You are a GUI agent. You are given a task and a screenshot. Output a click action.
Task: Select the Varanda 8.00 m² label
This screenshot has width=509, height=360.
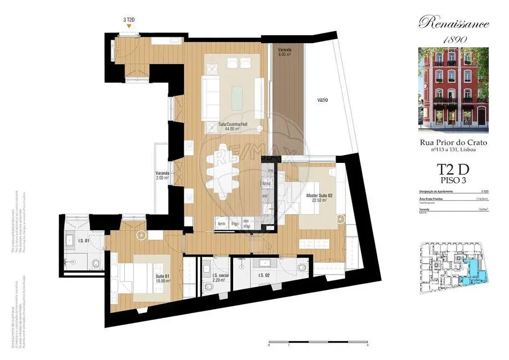[x=284, y=52]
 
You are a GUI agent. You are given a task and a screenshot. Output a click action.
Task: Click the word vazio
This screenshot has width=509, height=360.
[x=320, y=100]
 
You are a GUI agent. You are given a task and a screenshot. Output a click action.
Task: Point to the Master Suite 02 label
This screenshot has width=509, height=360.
[x=319, y=198]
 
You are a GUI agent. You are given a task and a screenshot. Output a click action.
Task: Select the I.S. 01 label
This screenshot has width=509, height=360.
[x=83, y=241]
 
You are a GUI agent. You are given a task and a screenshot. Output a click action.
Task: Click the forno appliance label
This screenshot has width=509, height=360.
[x=265, y=184]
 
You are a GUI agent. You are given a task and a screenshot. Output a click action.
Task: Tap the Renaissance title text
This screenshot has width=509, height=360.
[x=454, y=23]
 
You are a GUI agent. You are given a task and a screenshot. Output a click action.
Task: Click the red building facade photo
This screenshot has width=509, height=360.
[x=454, y=89]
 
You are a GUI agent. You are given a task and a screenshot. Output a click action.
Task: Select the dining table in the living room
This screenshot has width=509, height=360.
[x=224, y=172]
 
